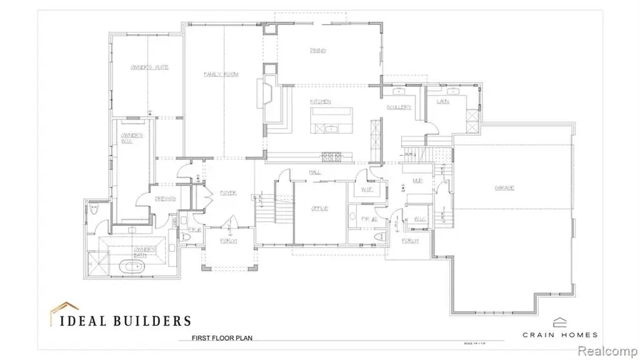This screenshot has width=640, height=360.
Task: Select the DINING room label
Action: click(x=317, y=51)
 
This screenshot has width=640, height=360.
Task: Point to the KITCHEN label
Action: click(x=320, y=102)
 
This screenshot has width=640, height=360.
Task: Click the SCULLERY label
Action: click(x=400, y=107)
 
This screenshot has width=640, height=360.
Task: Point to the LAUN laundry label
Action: click(x=442, y=102)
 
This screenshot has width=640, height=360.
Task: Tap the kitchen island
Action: click(x=331, y=117)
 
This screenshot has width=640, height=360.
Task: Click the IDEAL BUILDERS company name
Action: click(x=119, y=320)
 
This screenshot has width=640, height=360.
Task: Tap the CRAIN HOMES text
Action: click(x=560, y=334)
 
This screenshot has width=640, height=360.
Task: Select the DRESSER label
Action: click(x=166, y=198)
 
